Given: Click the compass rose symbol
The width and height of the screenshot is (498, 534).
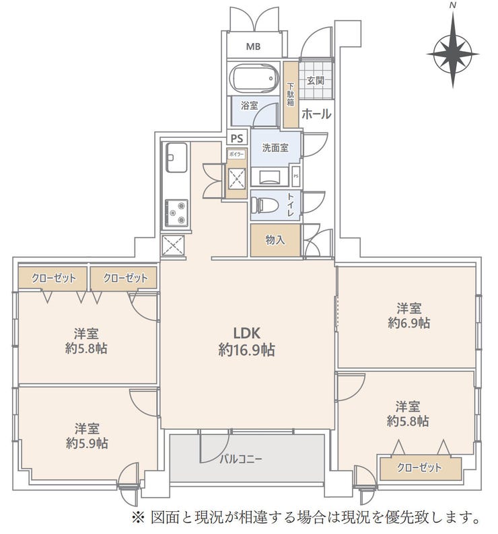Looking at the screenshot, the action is [453, 54].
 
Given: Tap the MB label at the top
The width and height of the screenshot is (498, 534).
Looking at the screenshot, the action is [253, 46].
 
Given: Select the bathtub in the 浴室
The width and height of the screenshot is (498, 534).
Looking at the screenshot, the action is [254, 79].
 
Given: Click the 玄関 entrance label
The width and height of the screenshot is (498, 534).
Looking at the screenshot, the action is [316, 81].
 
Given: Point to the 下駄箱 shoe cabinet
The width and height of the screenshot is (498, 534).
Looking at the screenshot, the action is [291, 94].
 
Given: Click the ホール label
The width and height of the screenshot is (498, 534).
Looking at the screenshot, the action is [316, 114].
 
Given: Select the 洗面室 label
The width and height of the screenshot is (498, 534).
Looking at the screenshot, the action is [275, 148].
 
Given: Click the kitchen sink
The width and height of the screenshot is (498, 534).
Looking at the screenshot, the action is [176, 157].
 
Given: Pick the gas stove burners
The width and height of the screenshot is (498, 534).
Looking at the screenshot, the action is [176, 213].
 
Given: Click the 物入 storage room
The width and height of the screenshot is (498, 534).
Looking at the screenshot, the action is [275, 240].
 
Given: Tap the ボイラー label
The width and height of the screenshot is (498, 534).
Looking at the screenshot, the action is [236, 154].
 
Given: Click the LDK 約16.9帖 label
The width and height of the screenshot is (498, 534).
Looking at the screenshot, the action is [246, 342].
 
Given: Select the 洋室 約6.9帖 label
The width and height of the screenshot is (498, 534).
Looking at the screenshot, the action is [408, 315].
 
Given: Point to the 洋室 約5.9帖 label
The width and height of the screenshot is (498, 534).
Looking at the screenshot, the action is [87, 436].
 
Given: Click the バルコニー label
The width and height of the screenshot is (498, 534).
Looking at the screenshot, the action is [241, 459].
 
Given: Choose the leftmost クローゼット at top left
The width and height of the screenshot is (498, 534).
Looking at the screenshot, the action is [54, 278].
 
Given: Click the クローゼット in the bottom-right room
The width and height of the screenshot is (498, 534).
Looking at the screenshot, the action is [421, 469].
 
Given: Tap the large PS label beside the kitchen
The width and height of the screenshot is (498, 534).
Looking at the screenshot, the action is [237, 139].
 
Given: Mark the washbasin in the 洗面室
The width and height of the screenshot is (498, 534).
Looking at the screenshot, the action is [271, 177].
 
